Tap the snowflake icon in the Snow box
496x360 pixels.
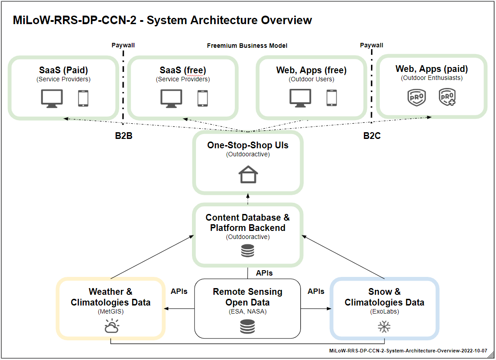pyautogui.click(x=384, y=327)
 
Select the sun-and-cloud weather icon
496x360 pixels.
pyautogui.click(x=112, y=326)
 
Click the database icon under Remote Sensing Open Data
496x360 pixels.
pyautogui.click(x=247, y=327)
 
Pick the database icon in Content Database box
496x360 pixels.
pyautogui.click(x=247, y=251)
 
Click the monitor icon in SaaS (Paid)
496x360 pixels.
pyautogui.click(x=52, y=99)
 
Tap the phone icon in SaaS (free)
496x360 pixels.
pyautogui.click(x=202, y=98)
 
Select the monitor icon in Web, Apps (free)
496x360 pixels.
pyautogui.click(x=300, y=98)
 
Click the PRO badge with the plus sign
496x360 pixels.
pyautogui.click(x=447, y=97)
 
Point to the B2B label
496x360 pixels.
pyautogui.click(x=124, y=136)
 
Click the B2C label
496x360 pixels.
pyautogui.click(x=372, y=136)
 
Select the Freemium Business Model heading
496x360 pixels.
pyautogui.click(x=247, y=46)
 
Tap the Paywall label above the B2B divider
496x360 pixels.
pyautogui.click(x=123, y=45)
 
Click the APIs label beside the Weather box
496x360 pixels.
pyautogui.click(x=179, y=291)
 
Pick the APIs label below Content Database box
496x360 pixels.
pyautogui.click(x=264, y=273)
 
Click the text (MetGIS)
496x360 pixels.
pyautogui.click(x=111, y=312)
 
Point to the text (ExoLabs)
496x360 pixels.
pyautogui.click(x=385, y=312)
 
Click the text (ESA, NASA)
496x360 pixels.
pyautogui.click(x=248, y=312)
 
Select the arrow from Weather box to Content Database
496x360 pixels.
pyautogui.click(x=153, y=257)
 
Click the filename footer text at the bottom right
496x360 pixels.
pyautogui.click(x=408, y=351)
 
